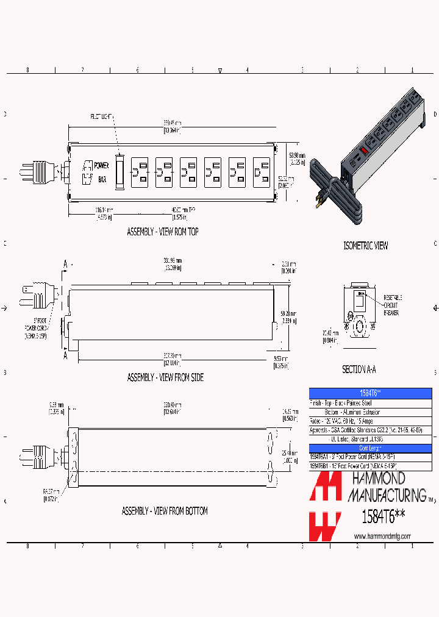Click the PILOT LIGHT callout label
point(102,116)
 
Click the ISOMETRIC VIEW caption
point(365,246)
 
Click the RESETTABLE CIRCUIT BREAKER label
point(391,304)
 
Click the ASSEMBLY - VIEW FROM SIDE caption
point(165,377)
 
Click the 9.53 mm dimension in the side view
point(281,362)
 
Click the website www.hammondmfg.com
point(382,536)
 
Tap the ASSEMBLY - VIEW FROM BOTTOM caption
point(165,511)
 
